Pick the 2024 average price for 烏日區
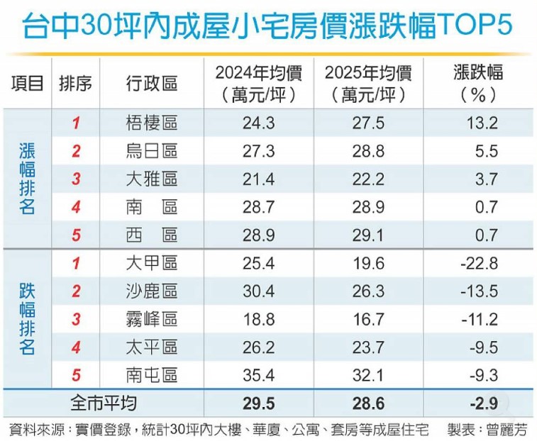pyautogui.click(x=258, y=151)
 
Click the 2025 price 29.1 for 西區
pyautogui.click(x=368, y=235)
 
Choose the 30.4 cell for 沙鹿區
pyautogui.click(x=258, y=291)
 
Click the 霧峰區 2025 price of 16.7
pyautogui.click(x=368, y=319)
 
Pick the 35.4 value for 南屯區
pyautogui.click(x=258, y=375)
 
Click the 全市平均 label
pyautogui.click(x=103, y=403)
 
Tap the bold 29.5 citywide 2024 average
pyautogui.click(x=258, y=403)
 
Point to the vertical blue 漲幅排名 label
pyautogui.click(x=27, y=179)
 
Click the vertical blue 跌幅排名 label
pyautogui.click(x=27, y=319)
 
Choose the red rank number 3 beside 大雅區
pyautogui.click(x=76, y=179)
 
